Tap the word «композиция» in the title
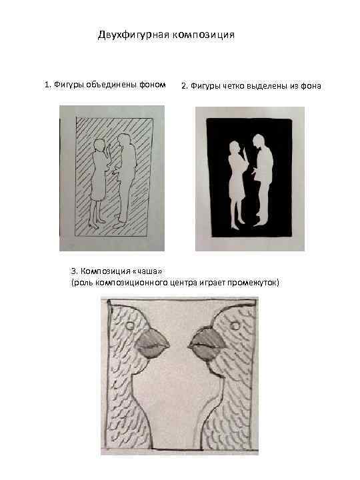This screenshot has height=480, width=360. pos(203,35)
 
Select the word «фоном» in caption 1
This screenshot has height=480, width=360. pos(153,85)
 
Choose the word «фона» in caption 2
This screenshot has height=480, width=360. pos(311,86)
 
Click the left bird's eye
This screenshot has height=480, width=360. pos(130,325)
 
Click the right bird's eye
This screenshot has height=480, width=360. pos(235,325)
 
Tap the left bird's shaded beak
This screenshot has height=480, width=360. pos(152,343)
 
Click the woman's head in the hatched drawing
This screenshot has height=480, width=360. pos(99,145)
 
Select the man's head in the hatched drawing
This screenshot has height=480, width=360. pos(124,140)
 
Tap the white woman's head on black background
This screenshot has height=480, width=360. pos(234,147)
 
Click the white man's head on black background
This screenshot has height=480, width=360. pos(258,141)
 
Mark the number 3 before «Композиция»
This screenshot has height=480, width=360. pos(73,271)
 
